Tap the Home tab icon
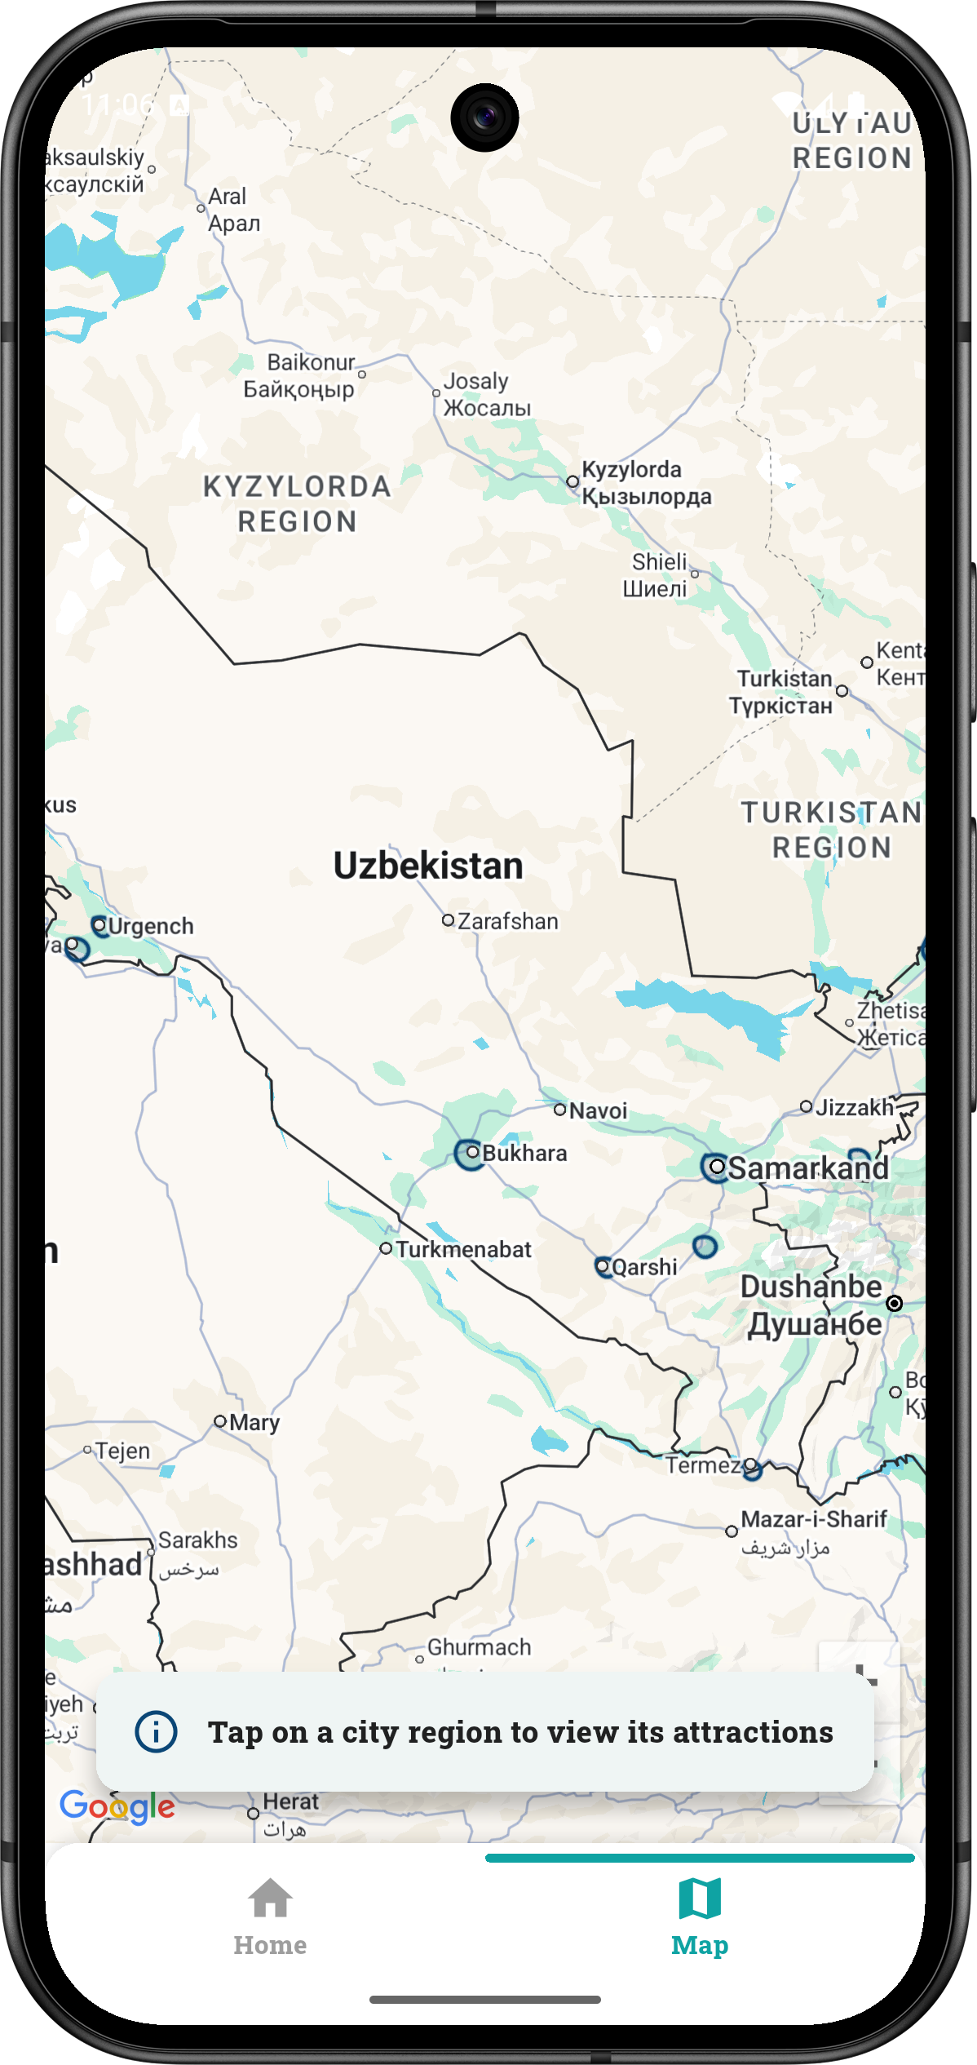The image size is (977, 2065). [x=270, y=1898]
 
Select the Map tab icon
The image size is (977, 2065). [x=699, y=1898]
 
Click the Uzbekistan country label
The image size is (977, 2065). [x=428, y=866]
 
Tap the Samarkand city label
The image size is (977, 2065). [x=807, y=1168]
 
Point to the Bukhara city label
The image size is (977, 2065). [x=524, y=1153]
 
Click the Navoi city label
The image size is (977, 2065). [x=598, y=1110]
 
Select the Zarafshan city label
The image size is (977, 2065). [x=507, y=921]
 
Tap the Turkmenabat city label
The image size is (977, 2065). [x=463, y=1249]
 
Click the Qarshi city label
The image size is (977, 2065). [x=644, y=1267]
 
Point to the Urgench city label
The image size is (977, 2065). [x=151, y=926]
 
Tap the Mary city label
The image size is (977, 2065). [x=254, y=1422]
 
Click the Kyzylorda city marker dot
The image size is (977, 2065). [x=572, y=481]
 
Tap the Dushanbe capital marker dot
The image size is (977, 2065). [x=895, y=1303]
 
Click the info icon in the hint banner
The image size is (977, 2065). [x=156, y=1731]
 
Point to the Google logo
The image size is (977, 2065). [x=117, y=1806]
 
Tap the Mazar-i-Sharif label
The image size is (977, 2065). [x=813, y=1519]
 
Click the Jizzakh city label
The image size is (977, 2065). [x=855, y=1107]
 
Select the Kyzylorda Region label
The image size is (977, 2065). [x=297, y=503]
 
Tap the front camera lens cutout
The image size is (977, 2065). [x=484, y=117]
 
